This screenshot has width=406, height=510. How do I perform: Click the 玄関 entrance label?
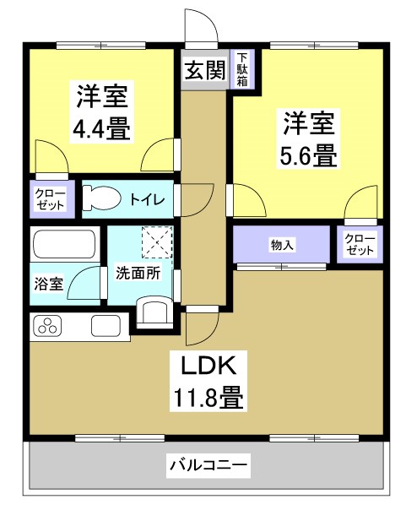pos(203,69)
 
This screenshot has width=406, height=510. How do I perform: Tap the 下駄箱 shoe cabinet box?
pos(242,69)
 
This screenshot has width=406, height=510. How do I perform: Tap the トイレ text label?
pos(152,199)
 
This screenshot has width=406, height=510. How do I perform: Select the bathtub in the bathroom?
pos(63,247)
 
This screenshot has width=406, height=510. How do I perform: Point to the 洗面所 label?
pos(138,274)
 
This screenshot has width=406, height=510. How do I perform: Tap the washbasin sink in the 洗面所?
pos(155,311)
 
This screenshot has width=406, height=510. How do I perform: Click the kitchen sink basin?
pos(107,326)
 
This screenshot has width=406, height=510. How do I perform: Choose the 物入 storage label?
pos(281,245)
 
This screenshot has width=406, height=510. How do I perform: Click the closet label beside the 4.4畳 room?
pos(52,199)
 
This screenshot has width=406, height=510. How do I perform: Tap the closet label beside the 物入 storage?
pos(360,246)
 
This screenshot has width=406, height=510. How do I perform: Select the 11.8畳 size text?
pos(210,397)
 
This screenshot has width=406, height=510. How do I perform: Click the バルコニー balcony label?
pos(208,464)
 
